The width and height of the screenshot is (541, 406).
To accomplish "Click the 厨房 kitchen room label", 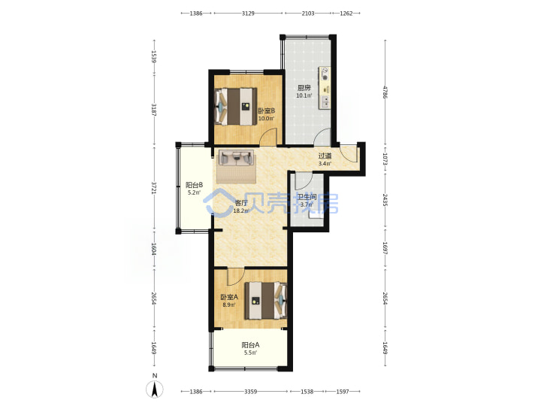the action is (304, 88).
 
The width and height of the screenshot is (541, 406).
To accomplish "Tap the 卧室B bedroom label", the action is (266, 111).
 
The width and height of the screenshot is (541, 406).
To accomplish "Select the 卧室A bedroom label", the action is (229, 297).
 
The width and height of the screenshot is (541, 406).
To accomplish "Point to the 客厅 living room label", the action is (241, 203).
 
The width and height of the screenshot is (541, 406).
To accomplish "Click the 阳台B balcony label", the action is (194, 185).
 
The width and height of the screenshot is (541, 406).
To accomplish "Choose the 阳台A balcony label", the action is (250, 345).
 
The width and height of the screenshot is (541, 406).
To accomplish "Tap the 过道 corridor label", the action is (325, 156).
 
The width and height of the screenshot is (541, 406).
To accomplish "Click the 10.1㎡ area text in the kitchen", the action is (304, 95).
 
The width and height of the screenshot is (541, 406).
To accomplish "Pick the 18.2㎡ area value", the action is (241, 211).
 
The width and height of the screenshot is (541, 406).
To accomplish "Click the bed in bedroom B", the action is (236, 106).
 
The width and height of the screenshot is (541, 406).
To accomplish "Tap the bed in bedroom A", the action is (266, 301).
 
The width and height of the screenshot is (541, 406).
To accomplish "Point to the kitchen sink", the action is (325, 101).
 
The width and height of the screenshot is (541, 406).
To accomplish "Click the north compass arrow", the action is (155, 390).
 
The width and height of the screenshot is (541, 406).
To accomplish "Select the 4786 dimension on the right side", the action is (385, 92).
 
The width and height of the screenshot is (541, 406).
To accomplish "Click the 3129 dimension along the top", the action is (248, 13).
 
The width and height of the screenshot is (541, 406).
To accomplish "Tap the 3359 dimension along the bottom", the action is (251, 392).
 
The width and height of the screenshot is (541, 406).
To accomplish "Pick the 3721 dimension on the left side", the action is (154, 188).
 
